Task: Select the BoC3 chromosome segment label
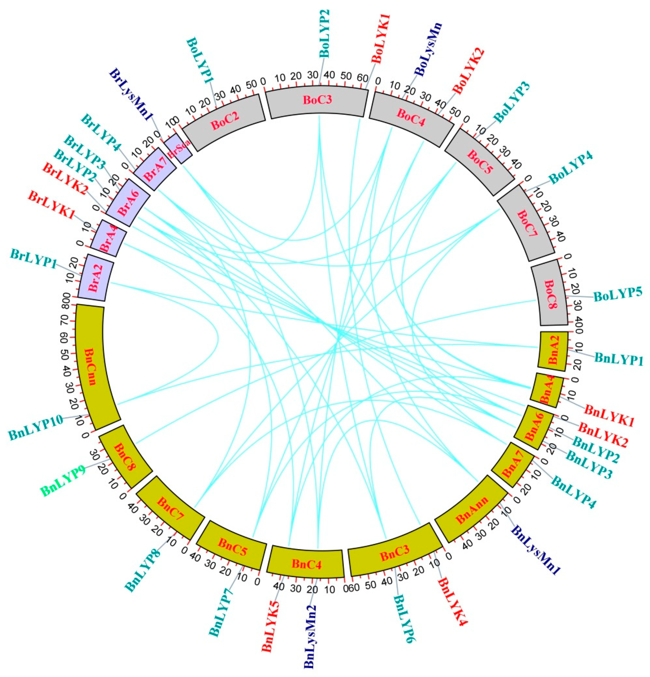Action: tap(317, 100)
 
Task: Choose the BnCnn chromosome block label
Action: tap(89, 366)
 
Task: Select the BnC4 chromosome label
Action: tap(306, 564)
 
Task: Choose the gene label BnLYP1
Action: tap(618, 359)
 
